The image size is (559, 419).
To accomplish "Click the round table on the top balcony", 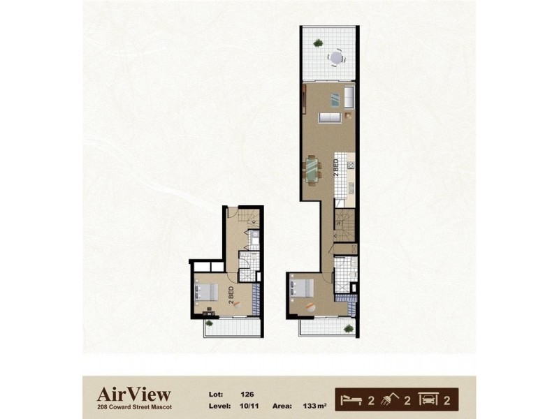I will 337,56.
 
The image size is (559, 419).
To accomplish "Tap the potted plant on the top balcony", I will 318,43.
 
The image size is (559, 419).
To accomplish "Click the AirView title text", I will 133,394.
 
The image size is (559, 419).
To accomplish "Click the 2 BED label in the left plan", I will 231,294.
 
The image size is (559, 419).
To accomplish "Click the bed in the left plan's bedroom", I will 208,293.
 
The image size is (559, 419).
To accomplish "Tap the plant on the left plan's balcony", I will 211,323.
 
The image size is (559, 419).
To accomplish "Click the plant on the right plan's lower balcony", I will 348,327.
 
